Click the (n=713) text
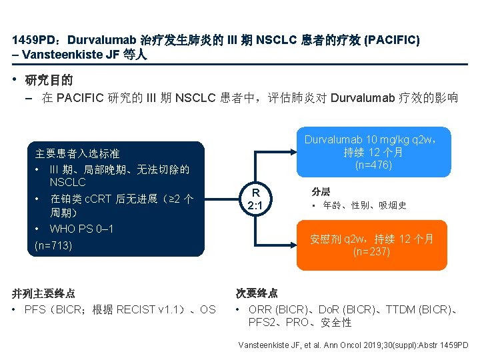pos(53,245)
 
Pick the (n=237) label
pos(371,251)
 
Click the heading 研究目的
pos(49,81)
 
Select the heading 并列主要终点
pos(43,293)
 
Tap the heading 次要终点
pos(257,293)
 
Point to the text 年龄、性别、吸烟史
pos(364,205)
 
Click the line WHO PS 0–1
pos(81,229)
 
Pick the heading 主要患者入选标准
pos(77,153)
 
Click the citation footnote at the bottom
pos(353,345)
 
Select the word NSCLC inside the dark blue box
pos(67,181)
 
